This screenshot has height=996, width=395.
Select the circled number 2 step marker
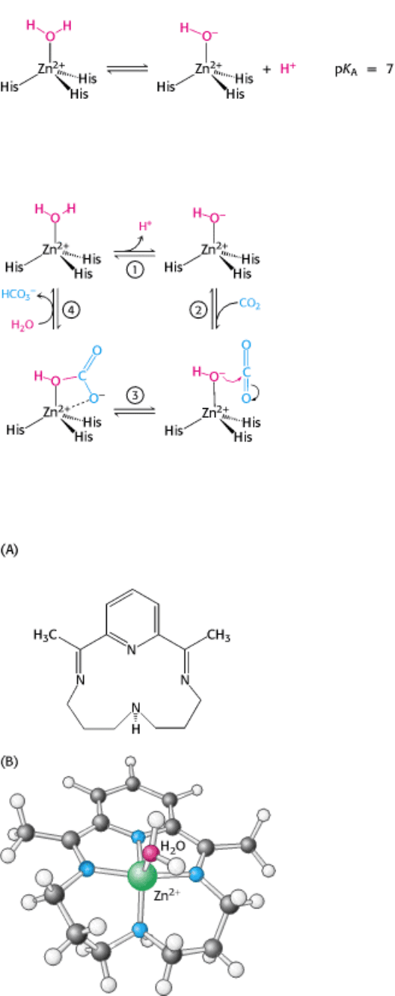pyautogui.click(x=198, y=310)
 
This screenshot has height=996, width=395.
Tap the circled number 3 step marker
pyautogui.click(x=135, y=395)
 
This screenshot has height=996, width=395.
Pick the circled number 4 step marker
pyautogui.click(x=71, y=309)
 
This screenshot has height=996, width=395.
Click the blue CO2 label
pyautogui.click(x=249, y=304)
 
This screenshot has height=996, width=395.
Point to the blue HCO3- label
pyautogui.click(x=19, y=294)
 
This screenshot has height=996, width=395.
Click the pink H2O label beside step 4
pyautogui.click(x=22, y=324)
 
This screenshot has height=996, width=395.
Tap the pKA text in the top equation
pyautogui.click(x=346, y=70)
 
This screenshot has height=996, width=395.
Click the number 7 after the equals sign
pyautogui.click(x=389, y=70)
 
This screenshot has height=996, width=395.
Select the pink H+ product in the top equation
pyautogui.click(x=288, y=68)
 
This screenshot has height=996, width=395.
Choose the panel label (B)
pyautogui.click(x=9, y=762)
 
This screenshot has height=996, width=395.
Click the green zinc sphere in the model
pyautogui.click(x=142, y=875)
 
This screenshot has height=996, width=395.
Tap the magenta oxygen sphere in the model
pyautogui.click(x=152, y=852)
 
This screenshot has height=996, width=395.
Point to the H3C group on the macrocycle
pyautogui.click(x=46, y=635)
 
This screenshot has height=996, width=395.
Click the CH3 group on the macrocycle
pyautogui.click(x=218, y=635)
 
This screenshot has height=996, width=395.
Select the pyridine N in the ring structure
pyautogui.click(x=132, y=650)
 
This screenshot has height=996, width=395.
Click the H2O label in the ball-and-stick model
pyautogui.click(x=173, y=846)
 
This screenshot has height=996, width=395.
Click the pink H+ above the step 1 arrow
pyautogui.click(x=145, y=226)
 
